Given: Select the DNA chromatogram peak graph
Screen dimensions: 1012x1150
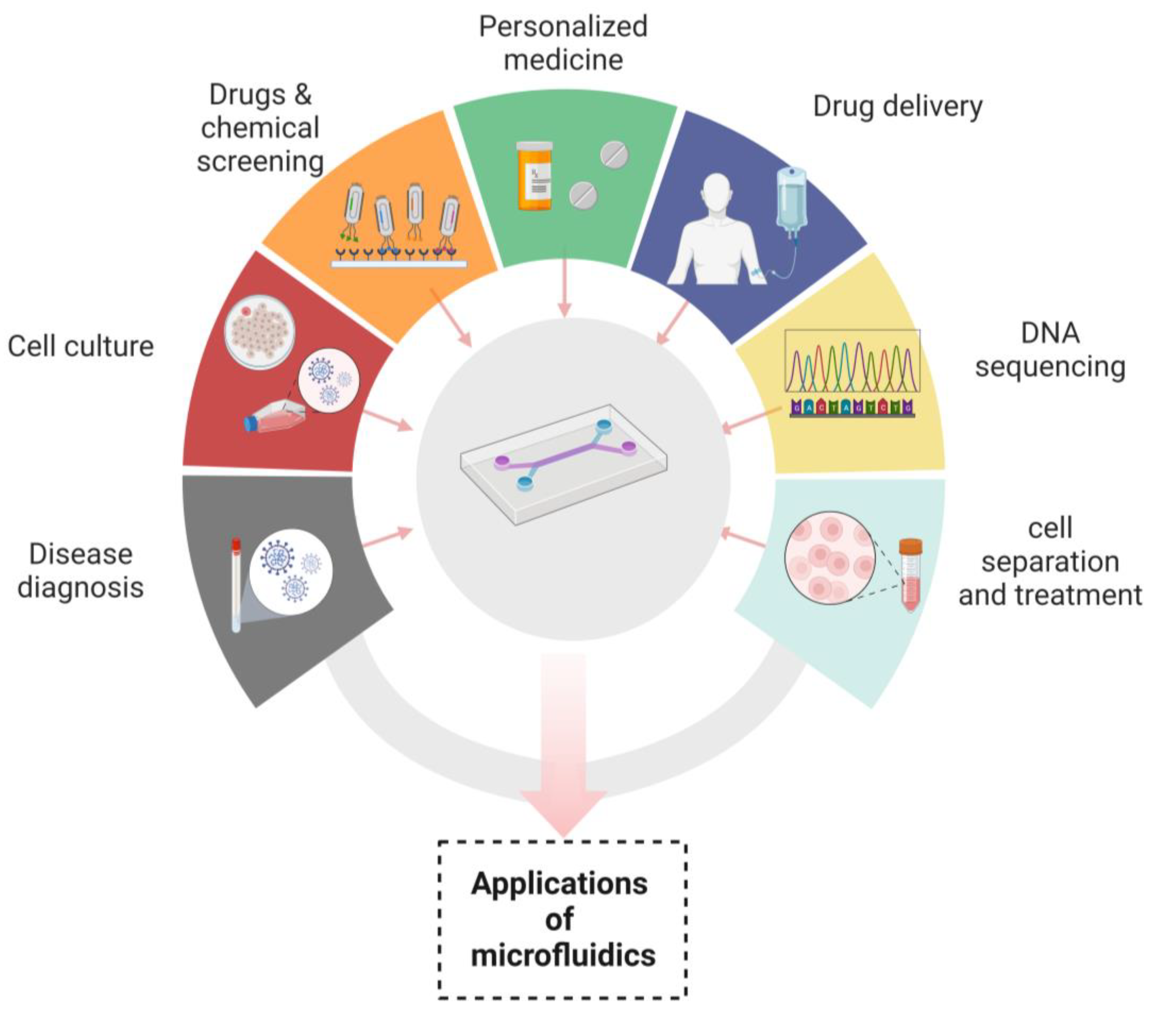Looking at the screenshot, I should [x=852, y=361].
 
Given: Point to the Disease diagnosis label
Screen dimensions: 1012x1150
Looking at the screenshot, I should [x=80, y=570].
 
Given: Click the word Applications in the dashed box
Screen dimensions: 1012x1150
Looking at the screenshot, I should [x=559, y=883].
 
